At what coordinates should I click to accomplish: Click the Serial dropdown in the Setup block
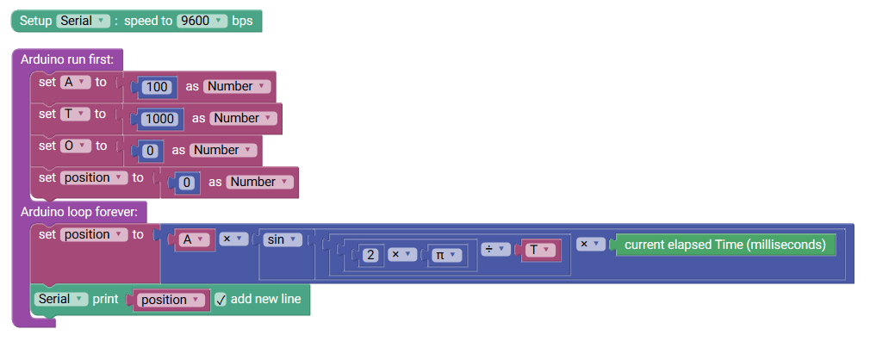84,20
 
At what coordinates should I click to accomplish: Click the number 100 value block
157,87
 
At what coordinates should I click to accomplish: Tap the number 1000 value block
159,119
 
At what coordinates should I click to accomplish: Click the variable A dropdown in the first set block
76,82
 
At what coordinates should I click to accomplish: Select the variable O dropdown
76,146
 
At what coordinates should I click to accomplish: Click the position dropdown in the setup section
93,177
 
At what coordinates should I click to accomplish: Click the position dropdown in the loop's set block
93,234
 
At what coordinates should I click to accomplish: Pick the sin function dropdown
283,240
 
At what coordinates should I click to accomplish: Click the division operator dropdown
494,249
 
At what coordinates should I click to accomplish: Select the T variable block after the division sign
538,250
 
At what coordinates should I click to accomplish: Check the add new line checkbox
221,300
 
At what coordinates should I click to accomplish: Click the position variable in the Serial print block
171,300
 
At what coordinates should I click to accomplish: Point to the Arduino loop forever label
83,212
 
